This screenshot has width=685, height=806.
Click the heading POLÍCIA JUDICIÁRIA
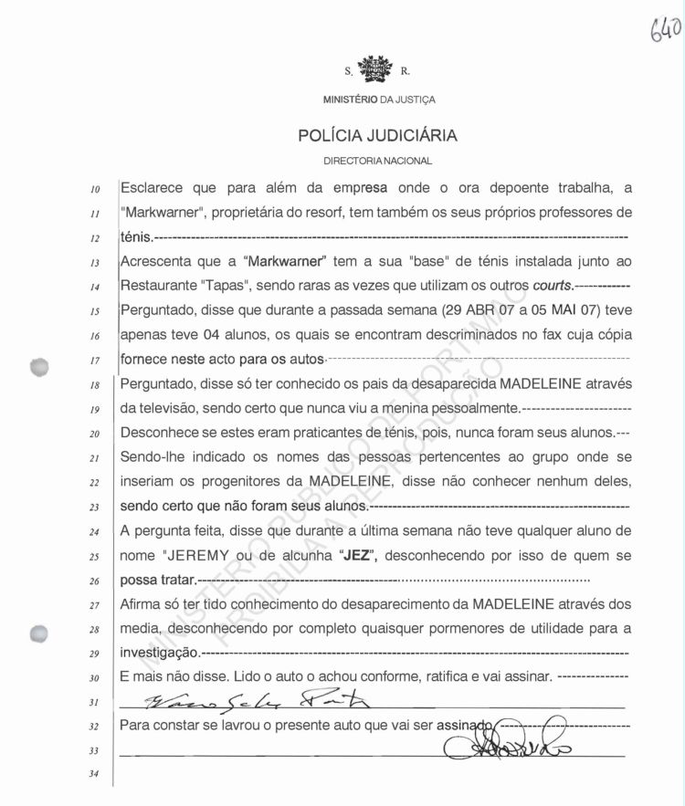(377, 137)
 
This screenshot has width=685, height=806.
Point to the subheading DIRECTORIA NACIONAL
(377, 161)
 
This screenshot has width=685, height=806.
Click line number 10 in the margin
(95, 191)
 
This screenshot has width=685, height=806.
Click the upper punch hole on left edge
(41, 367)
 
